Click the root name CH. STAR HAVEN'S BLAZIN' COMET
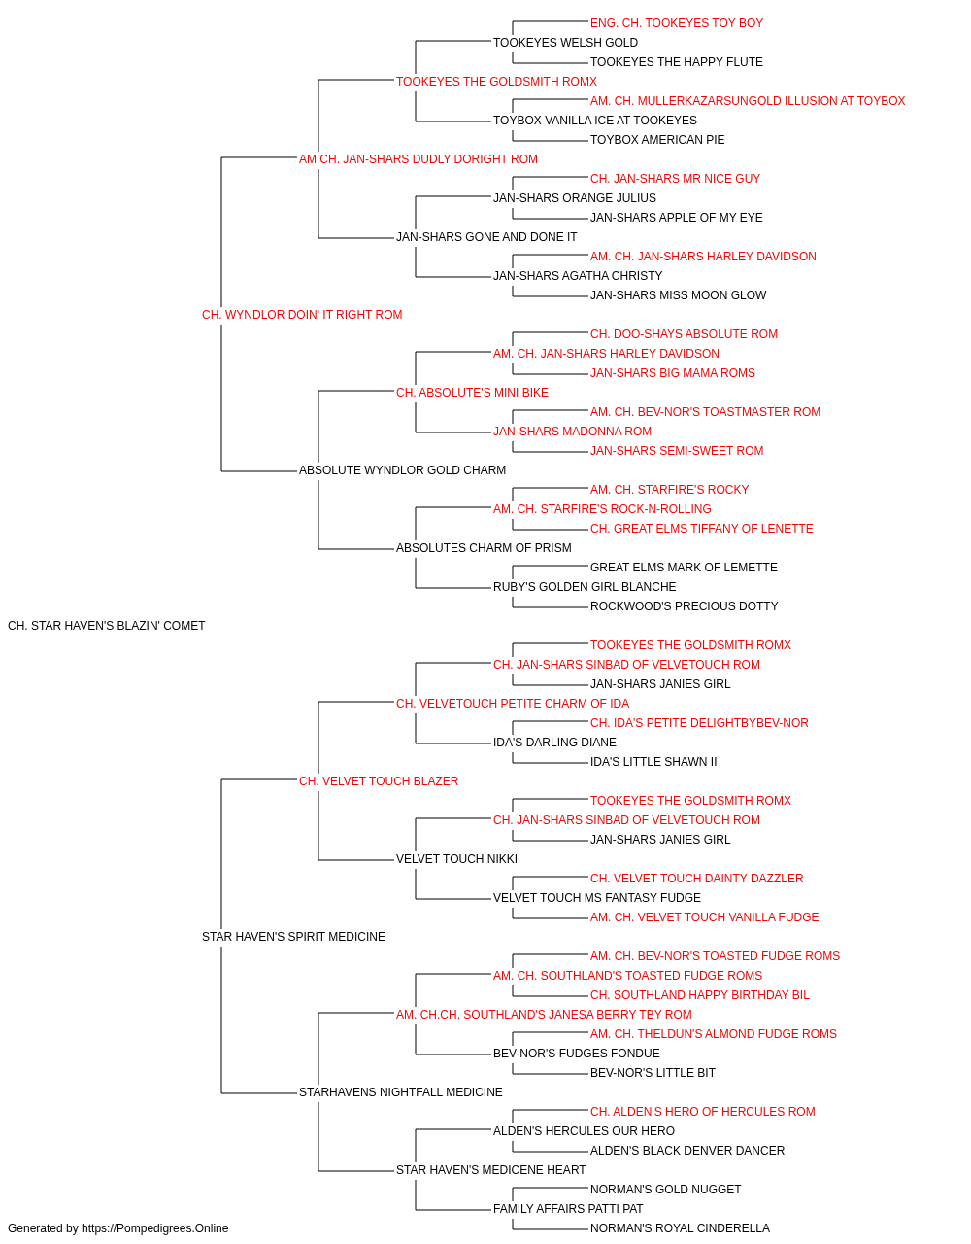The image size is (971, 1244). (107, 626)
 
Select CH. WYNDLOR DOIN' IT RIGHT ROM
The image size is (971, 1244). (302, 315)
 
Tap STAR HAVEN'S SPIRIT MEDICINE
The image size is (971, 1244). (293, 937)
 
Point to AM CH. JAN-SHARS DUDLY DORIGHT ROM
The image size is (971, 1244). (419, 159)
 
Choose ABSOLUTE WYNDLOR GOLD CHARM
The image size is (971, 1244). (402, 470)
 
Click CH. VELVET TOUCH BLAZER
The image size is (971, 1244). (379, 781)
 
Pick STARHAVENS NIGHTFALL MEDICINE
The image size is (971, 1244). (400, 1092)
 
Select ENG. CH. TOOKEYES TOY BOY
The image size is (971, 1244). (677, 23)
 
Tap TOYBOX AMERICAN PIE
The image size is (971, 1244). (657, 140)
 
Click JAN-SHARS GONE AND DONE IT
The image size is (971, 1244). (486, 237)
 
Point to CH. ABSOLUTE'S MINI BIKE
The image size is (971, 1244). (472, 393)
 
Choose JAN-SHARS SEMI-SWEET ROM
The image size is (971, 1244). (677, 451)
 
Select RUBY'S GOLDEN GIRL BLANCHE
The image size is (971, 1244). (585, 587)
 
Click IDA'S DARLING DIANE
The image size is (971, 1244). (554, 743)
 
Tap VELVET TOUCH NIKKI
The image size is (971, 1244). (456, 859)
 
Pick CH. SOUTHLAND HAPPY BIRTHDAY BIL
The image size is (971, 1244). (700, 995)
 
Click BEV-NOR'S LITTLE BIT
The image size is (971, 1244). (653, 1073)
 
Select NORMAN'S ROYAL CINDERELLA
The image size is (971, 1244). (680, 1228)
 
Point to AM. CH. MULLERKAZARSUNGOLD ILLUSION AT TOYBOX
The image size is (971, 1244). (748, 101)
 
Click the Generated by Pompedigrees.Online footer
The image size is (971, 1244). (117, 1228)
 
